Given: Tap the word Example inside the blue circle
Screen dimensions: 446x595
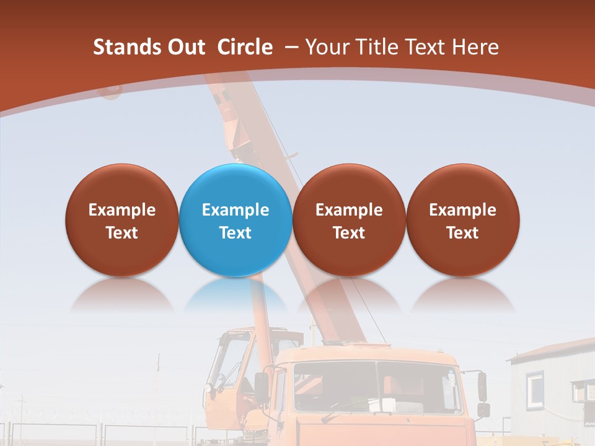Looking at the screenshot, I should point(235,210).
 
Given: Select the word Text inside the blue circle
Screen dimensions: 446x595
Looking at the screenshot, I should point(235,233).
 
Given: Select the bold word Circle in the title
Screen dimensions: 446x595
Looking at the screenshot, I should point(245,47).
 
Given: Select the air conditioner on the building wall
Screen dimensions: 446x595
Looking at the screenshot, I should point(582,391).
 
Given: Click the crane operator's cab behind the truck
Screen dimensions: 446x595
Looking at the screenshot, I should point(232,365).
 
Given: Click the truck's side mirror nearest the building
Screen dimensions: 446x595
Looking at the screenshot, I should point(482,387).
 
